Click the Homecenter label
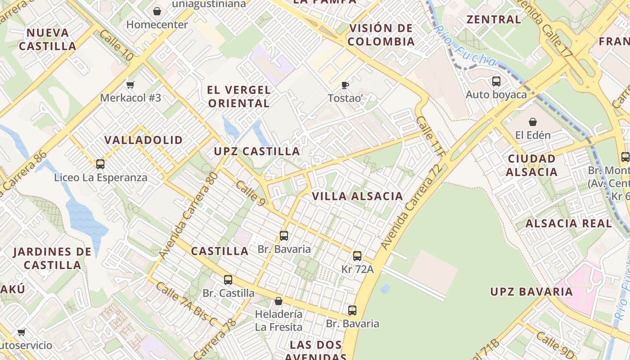click(x=157, y=25)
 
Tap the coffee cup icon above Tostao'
click(x=345, y=85)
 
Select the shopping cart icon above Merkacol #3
click(x=130, y=85)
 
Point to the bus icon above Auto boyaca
click(x=496, y=81)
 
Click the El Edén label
click(x=533, y=135)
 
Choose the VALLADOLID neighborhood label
click(x=144, y=140)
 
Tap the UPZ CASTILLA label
click(x=257, y=151)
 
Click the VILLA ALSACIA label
click(x=357, y=196)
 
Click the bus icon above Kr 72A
click(x=357, y=256)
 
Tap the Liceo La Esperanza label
click(x=101, y=177)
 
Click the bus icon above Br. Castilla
click(x=228, y=280)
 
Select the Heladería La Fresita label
click(x=279, y=320)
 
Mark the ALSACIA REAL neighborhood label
click(x=569, y=223)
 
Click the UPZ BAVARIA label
click(x=531, y=292)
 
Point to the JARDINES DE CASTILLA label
click(x=52, y=258)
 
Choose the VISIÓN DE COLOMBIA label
click(x=381, y=35)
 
